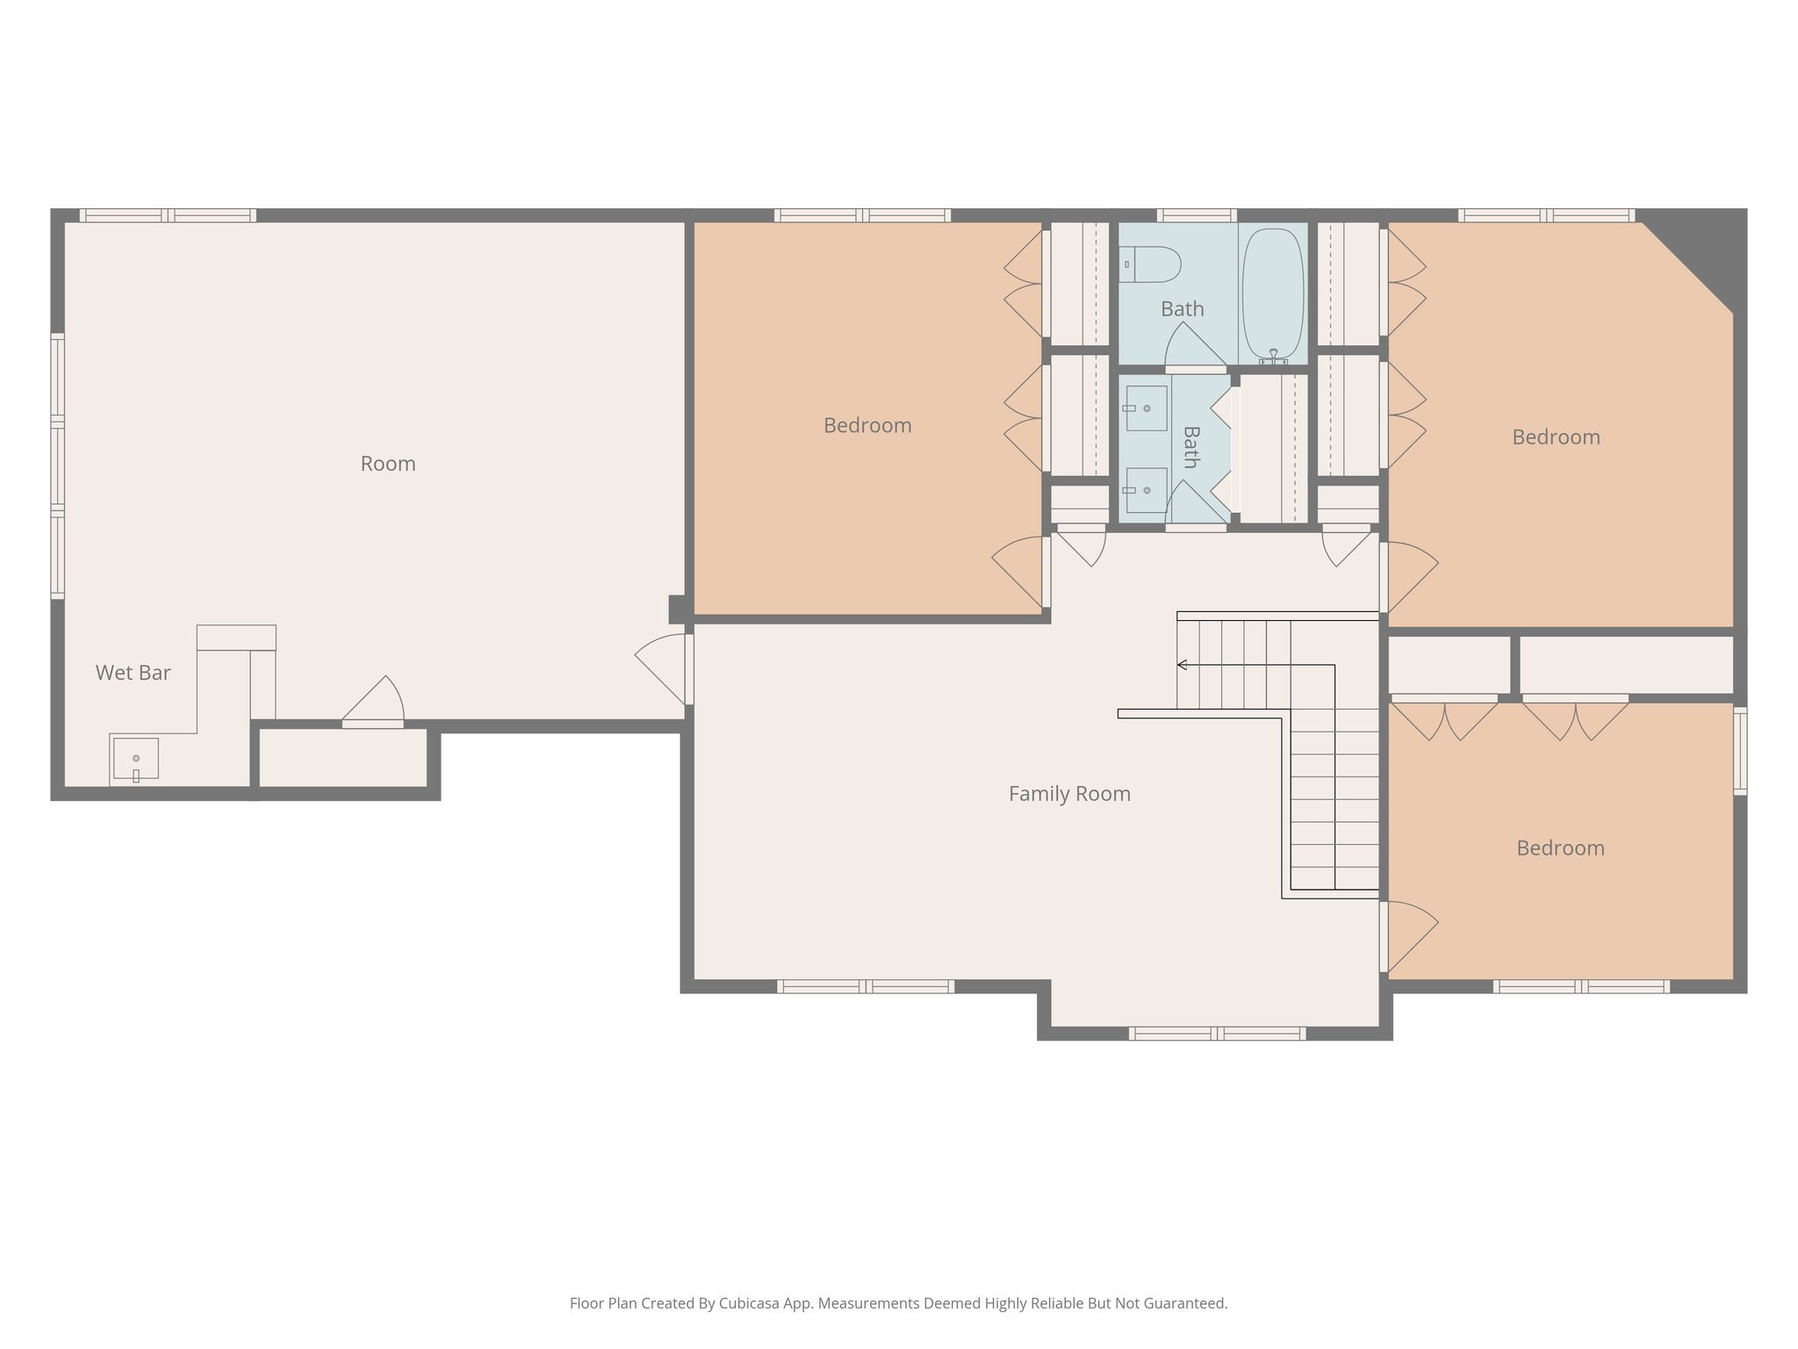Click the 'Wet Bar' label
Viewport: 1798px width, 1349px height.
133,673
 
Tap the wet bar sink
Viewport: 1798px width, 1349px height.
136,759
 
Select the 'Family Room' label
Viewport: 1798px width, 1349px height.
1069,794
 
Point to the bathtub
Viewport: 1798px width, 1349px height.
1273,294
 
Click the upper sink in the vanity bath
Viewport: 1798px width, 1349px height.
1147,408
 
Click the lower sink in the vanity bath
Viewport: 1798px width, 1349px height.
1147,490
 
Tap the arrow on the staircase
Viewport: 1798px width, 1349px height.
1183,665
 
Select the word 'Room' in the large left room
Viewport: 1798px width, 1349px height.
388,464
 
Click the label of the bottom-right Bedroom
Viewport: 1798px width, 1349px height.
1560,848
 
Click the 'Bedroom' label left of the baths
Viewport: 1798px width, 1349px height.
867,426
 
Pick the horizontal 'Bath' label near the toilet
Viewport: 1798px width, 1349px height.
1182,309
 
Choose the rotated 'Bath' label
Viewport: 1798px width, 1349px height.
1190,447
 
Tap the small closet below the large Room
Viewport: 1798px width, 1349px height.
343,758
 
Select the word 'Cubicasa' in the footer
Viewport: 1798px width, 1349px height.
752,1303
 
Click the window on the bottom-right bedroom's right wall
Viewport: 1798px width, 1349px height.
1739,751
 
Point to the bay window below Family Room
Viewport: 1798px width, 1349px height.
1216,1034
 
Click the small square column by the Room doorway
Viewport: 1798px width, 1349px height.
677,609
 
